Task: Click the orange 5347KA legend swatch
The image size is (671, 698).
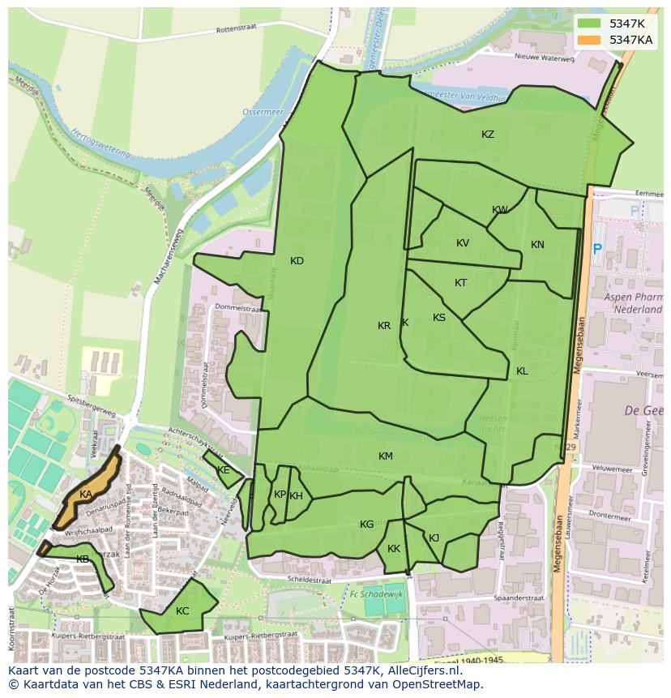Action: coord(590,40)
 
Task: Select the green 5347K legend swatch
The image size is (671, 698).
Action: coord(590,24)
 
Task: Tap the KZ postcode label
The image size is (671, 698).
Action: coord(488,135)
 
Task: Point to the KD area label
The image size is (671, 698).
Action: coord(297,261)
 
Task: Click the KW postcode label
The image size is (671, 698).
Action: coord(500,210)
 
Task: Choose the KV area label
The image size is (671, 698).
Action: coord(463,243)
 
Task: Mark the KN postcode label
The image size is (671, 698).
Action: coord(537,245)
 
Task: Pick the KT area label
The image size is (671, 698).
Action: coord(461,283)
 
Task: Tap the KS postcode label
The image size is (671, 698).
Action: coord(439,318)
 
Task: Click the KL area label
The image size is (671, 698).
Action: coord(522,371)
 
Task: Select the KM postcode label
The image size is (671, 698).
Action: coord(386,456)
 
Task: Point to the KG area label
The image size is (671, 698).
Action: coord(367,525)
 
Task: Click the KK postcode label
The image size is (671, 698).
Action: coord(394,549)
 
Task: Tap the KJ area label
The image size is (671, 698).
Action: coord(434,537)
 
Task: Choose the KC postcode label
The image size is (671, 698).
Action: coord(182,611)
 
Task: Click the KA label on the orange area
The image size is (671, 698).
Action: coord(86,495)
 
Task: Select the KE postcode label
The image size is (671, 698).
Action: coord(224,470)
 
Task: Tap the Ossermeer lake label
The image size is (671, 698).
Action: coord(259,112)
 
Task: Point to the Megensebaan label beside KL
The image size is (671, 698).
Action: coord(579,349)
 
